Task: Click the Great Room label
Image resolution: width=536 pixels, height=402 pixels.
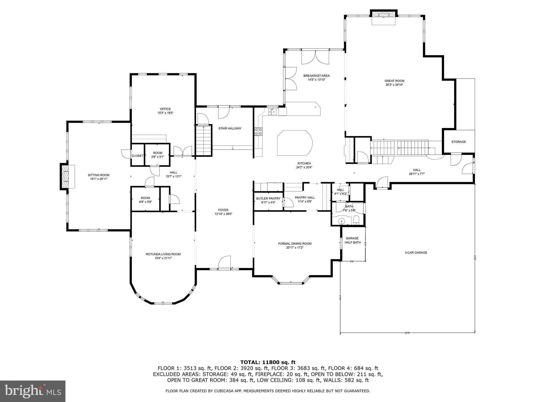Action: (394, 81)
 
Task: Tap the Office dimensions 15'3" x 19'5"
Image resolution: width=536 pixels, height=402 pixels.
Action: (165, 113)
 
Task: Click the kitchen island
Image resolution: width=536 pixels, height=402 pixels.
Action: (295, 143)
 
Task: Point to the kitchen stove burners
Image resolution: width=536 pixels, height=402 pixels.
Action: (258, 132)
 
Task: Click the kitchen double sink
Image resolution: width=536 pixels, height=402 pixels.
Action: (272, 112)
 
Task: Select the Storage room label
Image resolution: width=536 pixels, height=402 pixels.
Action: (459, 142)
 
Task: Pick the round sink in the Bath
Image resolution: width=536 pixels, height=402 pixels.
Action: (342, 221)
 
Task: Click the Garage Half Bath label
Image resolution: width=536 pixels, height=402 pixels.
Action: (352, 240)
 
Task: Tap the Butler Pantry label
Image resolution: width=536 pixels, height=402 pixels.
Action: (268, 198)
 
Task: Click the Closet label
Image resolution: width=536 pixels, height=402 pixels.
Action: (137, 156)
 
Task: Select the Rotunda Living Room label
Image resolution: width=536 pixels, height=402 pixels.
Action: (163, 254)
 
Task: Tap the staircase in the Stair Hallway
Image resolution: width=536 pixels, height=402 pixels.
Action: (204, 140)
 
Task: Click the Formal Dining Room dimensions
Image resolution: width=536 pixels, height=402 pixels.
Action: (295, 248)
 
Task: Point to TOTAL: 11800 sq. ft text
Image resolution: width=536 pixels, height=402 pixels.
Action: (268, 362)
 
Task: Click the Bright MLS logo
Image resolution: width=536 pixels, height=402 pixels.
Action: (33, 391)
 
